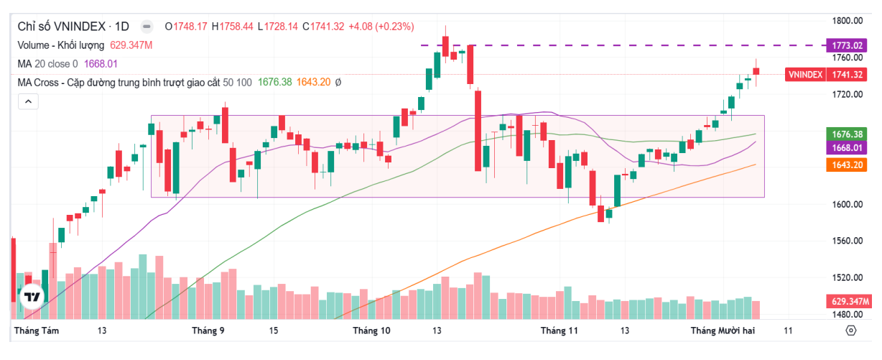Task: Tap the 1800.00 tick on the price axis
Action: click(x=848, y=21)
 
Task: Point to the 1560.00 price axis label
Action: click(x=848, y=241)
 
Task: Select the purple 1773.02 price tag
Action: click(x=848, y=45)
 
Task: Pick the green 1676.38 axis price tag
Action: click(x=848, y=134)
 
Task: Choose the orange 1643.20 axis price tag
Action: click(x=848, y=165)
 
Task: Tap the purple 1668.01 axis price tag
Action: click(x=848, y=148)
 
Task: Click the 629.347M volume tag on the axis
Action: click(x=848, y=301)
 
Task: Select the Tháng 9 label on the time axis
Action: click(x=208, y=331)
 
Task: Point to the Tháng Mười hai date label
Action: click(x=723, y=331)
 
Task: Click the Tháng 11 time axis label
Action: click(x=559, y=331)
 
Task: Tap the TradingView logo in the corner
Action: click(x=32, y=296)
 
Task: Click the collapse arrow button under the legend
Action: click(x=28, y=101)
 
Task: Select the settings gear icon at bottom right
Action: click(x=851, y=331)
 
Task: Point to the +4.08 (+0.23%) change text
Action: click(x=381, y=27)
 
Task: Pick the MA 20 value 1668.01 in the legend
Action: click(x=101, y=63)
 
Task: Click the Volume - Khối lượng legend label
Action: click(x=61, y=45)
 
